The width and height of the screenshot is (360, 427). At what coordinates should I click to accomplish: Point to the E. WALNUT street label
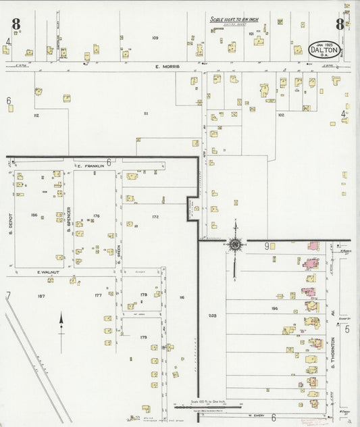(49, 272)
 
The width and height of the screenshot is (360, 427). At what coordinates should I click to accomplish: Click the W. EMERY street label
(253, 415)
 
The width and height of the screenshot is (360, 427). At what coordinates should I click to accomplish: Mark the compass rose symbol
(235, 245)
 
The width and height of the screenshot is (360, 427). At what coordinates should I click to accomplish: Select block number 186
(34, 215)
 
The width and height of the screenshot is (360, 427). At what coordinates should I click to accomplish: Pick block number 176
(96, 216)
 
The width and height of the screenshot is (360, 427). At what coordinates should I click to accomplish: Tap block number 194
(274, 308)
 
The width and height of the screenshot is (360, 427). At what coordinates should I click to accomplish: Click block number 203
(213, 316)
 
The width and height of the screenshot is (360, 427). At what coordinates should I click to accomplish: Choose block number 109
(155, 38)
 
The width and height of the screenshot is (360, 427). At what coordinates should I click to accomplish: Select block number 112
(36, 116)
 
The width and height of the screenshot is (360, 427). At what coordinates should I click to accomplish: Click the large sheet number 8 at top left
(15, 24)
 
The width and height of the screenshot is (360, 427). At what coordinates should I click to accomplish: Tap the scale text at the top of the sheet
(234, 20)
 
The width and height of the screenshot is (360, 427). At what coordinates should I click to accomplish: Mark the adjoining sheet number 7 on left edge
(8, 295)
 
